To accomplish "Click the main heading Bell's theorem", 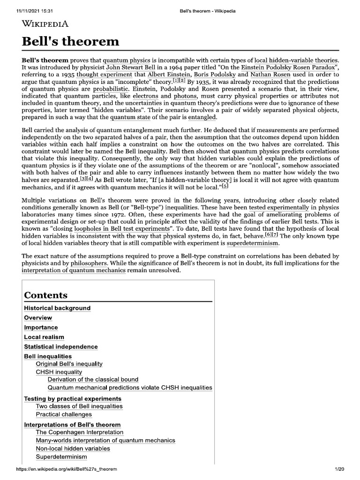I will click(70, 41).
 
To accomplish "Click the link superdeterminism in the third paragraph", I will click(253, 244).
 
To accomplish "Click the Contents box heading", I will click(45, 295).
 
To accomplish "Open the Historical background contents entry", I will click(57, 308).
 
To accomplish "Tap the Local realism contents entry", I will click(44, 337).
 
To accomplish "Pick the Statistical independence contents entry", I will click(61, 346).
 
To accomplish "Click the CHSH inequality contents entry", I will click(59, 372).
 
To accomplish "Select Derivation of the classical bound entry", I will click(93, 379).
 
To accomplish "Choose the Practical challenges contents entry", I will click(64, 414).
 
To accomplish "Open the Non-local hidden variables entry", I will click(73, 449).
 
